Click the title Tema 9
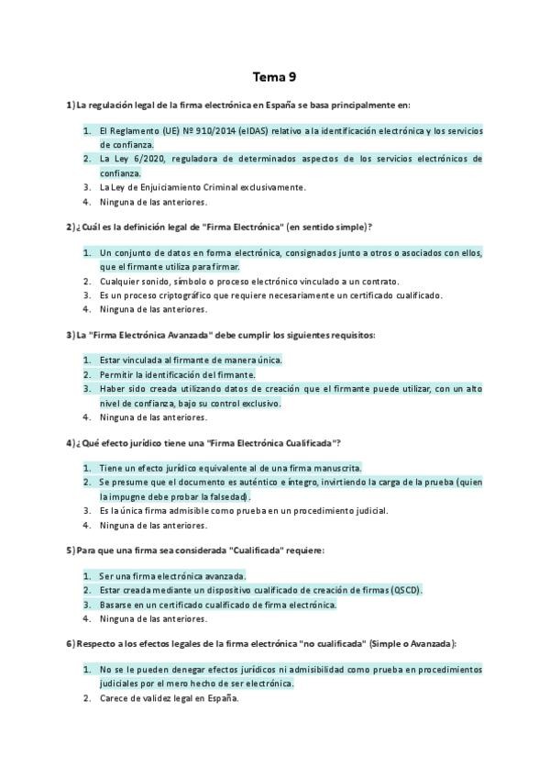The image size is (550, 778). point(274,77)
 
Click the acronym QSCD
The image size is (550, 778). point(404,590)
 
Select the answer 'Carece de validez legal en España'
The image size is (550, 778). point(169,698)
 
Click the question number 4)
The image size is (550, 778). point(71,442)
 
